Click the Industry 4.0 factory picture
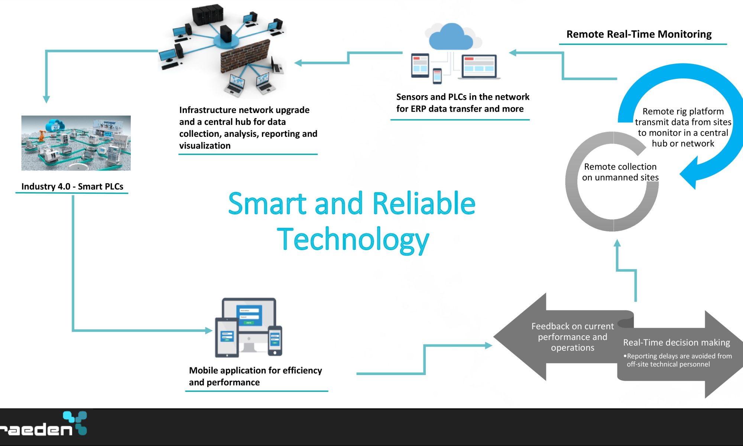[x=76, y=143]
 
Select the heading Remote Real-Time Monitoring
[x=639, y=34]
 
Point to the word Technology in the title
[x=353, y=240]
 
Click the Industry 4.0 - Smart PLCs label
[x=72, y=186]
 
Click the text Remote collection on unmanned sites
[x=620, y=172]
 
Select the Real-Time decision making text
[x=677, y=342]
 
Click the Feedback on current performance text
[x=572, y=337]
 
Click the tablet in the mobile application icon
[x=227, y=337]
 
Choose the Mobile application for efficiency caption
[x=255, y=376]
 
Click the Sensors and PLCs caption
[x=463, y=103]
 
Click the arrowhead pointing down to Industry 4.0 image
[x=46, y=99]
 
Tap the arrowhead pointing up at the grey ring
[x=617, y=243]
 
